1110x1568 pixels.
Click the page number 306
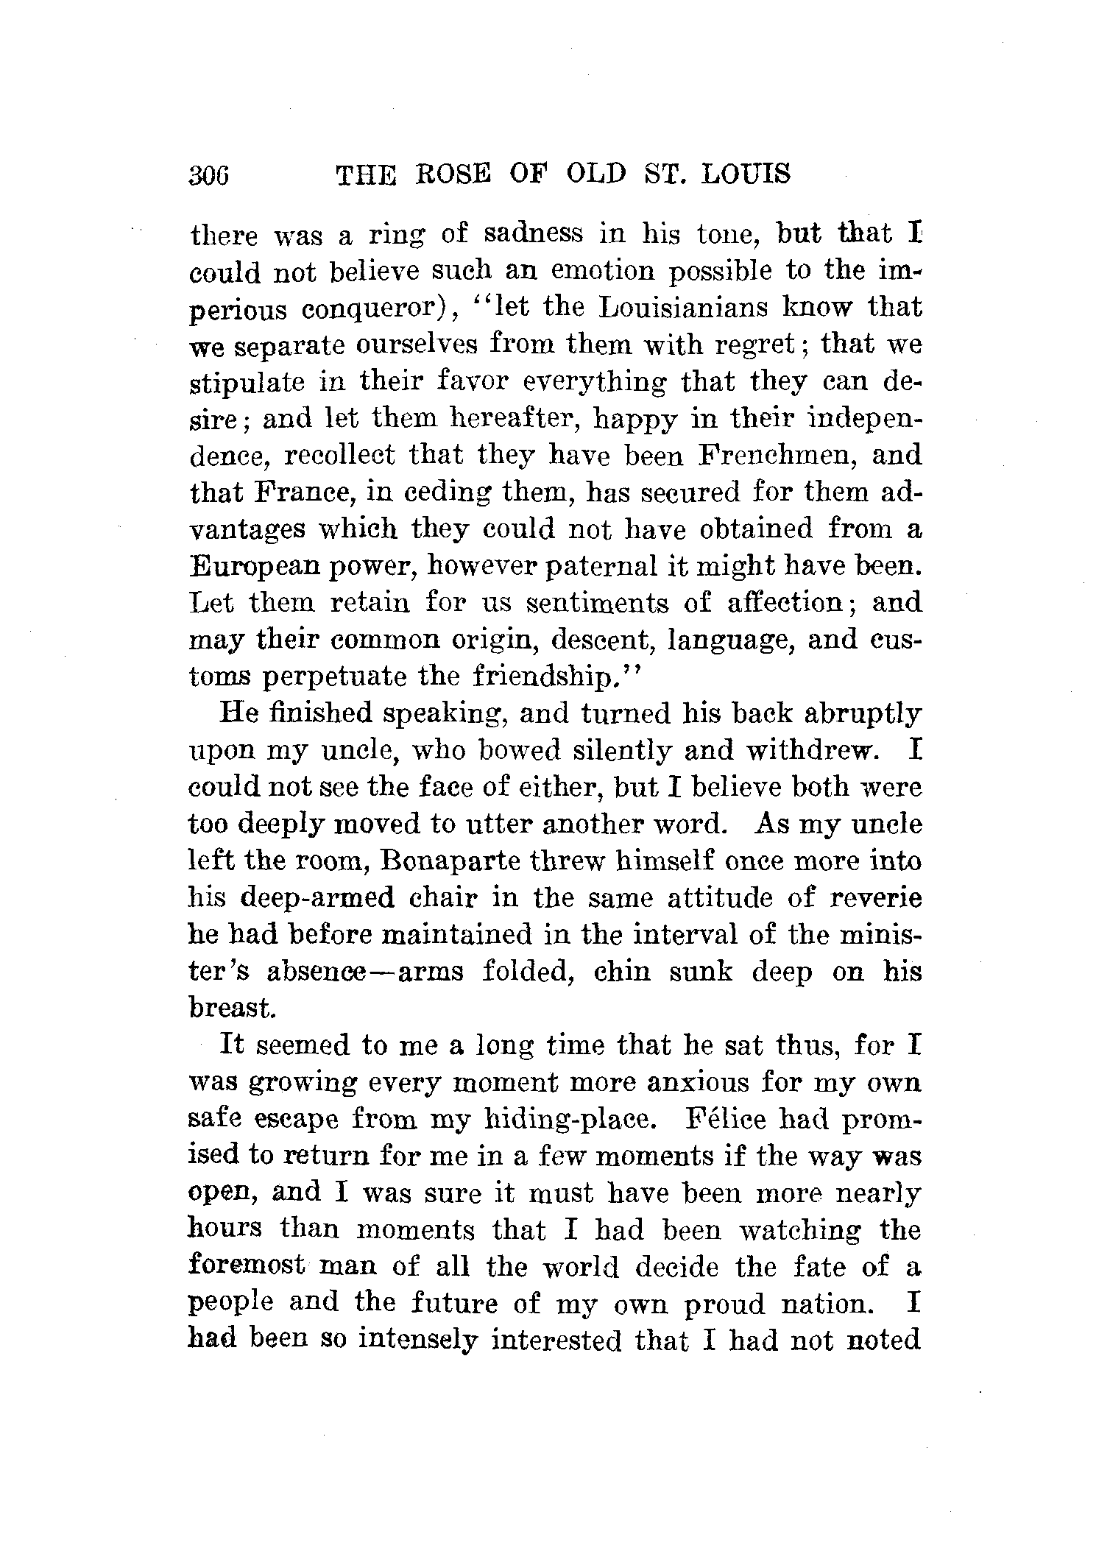point(210,175)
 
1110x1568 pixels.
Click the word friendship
point(547,677)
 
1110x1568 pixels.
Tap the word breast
point(231,1008)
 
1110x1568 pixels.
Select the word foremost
point(247,1266)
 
